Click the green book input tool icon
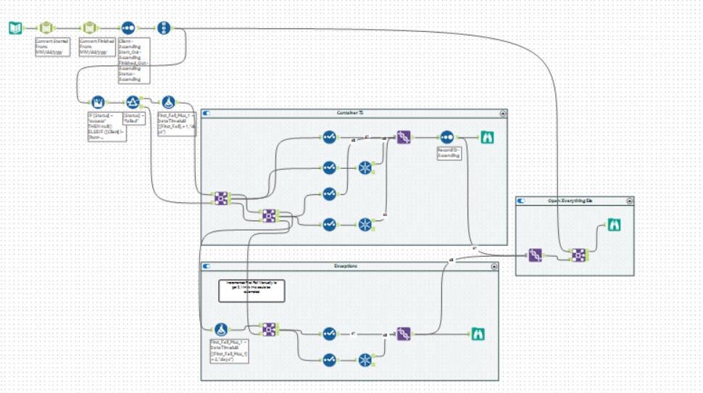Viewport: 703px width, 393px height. click(x=15, y=28)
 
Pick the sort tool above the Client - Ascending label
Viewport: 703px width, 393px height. click(x=128, y=28)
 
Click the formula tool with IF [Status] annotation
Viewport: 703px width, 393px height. click(x=96, y=102)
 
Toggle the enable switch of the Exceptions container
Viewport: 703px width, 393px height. click(x=207, y=267)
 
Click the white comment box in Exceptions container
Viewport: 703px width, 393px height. click(x=251, y=289)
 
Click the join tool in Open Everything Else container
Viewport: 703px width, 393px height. click(x=578, y=255)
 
